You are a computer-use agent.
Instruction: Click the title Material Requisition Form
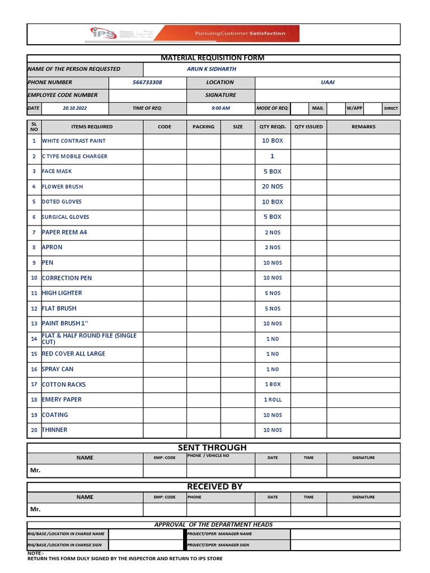[x=213, y=58]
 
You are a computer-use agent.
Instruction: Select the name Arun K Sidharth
[x=211, y=69]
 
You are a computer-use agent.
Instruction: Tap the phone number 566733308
[x=147, y=82]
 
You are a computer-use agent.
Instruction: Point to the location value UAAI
[x=328, y=82]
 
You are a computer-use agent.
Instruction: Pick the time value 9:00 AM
[x=221, y=108]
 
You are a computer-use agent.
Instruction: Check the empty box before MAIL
[x=300, y=108]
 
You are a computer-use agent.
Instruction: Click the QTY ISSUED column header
[x=309, y=127]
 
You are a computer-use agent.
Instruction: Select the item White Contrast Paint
[x=73, y=141]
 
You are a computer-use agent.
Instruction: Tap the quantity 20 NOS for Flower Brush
[x=273, y=187]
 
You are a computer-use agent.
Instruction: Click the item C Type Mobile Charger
[x=74, y=157]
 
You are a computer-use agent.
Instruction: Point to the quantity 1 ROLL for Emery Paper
[x=273, y=400]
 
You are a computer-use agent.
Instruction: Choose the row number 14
[x=34, y=339]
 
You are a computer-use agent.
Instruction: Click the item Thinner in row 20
[x=54, y=430]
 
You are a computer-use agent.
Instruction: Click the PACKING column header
[x=203, y=127]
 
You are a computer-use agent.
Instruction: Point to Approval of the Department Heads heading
[x=213, y=525]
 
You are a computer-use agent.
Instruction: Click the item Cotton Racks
[x=63, y=385]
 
